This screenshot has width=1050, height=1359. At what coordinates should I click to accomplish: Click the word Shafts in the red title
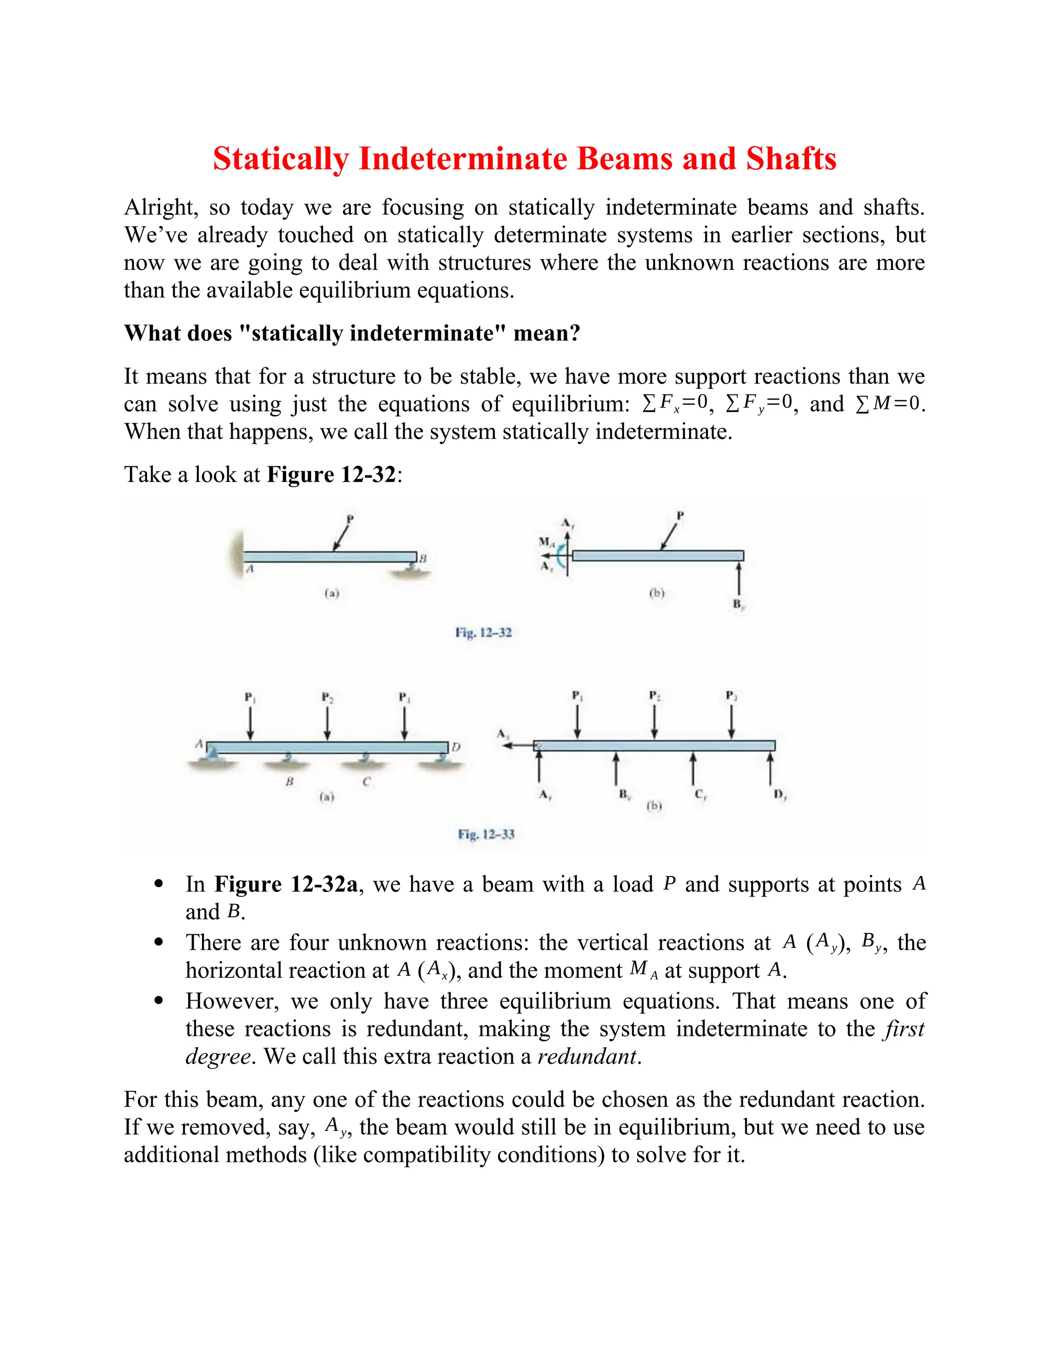tap(791, 158)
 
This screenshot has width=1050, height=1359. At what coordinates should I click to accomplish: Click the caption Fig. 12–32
tap(483, 633)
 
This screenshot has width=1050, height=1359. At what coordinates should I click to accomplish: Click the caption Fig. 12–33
tap(486, 834)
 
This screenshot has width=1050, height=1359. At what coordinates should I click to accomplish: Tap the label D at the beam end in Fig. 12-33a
tap(456, 747)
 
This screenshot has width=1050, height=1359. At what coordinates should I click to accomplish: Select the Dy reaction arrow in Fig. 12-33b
tap(770, 769)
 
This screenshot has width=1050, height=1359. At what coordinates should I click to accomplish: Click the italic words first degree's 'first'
tap(904, 1029)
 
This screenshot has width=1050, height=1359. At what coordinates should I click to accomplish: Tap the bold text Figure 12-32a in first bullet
tap(286, 884)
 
